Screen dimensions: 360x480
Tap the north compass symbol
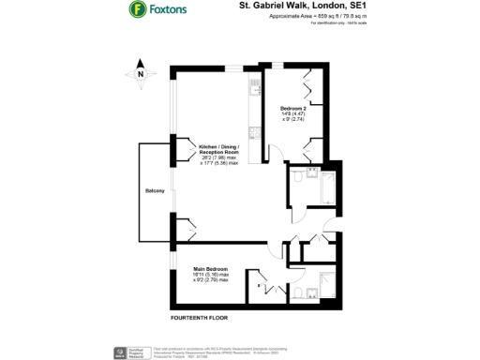140,73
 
